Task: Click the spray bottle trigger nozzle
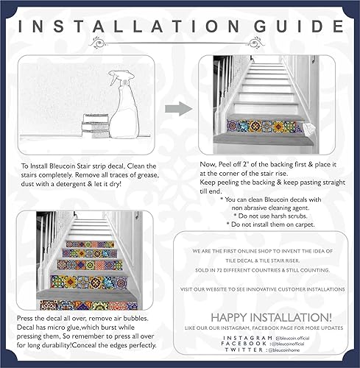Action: pos(118,77)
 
